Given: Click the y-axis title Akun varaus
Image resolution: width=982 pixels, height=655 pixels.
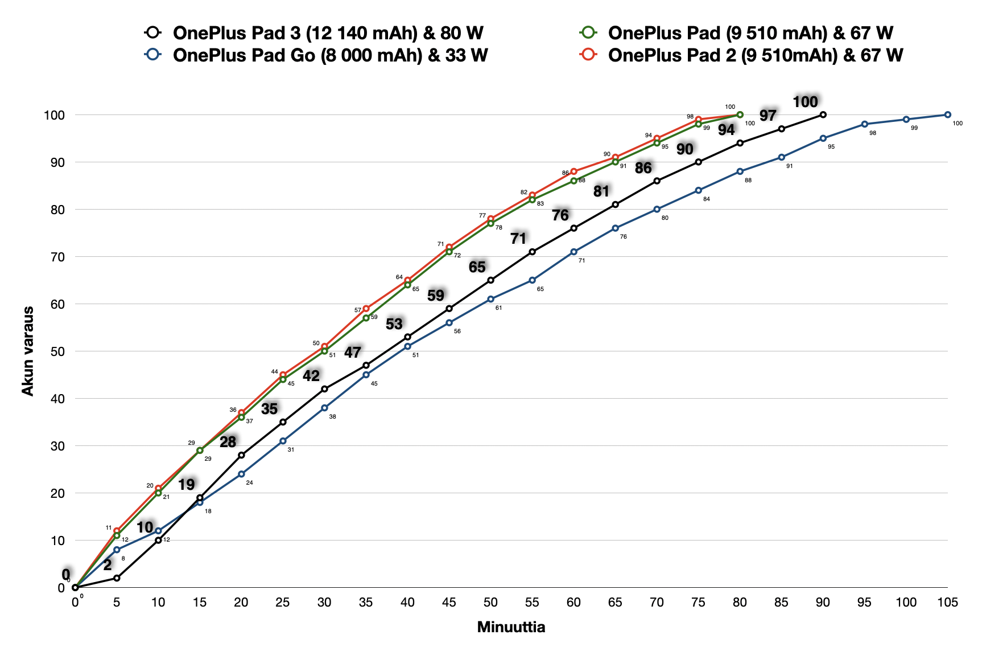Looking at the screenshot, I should pyautogui.click(x=28, y=351).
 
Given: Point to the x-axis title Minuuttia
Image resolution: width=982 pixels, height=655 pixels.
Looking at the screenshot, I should pyautogui.click(x=511, y=627).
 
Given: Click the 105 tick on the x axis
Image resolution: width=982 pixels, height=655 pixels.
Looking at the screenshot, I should pyautogui.click(x=947, y=603).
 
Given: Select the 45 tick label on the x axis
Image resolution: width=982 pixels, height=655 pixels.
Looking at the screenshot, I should pyautogui.click(x=449, y=603).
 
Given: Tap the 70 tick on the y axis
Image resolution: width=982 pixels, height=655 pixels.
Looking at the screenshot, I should pyautogui.click(x=58, y=257).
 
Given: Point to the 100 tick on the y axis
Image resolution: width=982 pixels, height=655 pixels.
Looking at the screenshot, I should pyautogui.click(x=55, y=115).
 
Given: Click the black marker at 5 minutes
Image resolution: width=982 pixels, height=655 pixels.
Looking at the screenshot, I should pyautogui.click(x=117, y=578).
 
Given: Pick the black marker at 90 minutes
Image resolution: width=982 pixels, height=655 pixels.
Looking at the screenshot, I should pyautogui.click(x=823, y=115).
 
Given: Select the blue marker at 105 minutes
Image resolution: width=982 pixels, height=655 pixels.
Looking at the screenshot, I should pyautogui.click(x=947, y=115).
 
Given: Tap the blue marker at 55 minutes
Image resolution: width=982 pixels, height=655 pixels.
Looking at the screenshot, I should pyautogui.click(x=532, y=280).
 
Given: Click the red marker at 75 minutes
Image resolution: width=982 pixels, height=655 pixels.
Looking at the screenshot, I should pyautogui.click(x=698, y=120).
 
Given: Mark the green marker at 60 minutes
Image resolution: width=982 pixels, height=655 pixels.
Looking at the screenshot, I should pyautogui.click(x=573, y=181).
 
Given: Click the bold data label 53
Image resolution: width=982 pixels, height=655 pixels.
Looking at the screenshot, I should pyautogui.click(x=394, y=324).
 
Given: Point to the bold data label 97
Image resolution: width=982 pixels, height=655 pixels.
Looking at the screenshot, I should pyautogui.click(x=768, y=116).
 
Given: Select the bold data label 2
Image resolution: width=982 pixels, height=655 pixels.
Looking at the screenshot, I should pyautogui.click(x=108, y=565).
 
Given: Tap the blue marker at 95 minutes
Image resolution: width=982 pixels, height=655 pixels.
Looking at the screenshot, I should pyautogui.click(x=864, y=124).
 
